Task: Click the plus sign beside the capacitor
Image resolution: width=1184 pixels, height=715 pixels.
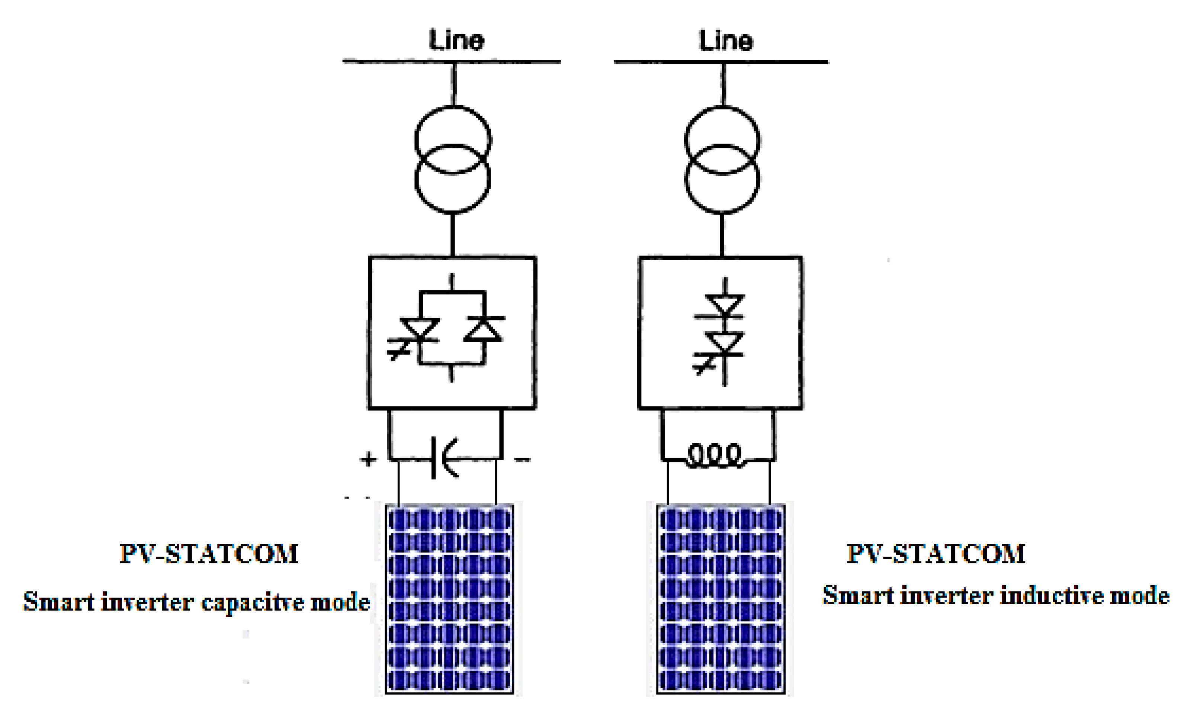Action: point(368,460)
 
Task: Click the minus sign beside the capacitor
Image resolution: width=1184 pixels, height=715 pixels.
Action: point(522,460)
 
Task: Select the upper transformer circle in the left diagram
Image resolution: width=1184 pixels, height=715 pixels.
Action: point(453,139)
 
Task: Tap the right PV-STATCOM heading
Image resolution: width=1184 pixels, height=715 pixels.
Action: point(936,554)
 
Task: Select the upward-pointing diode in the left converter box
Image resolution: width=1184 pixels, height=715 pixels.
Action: point(484,329)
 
